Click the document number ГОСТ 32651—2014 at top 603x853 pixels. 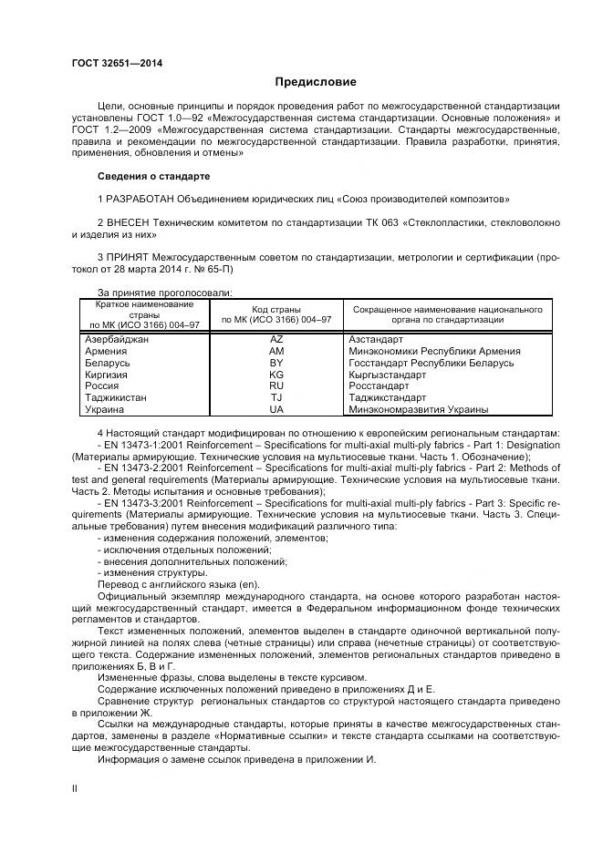point(110,63)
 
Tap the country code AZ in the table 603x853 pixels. point(277,339)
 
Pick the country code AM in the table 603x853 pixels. point(277,351)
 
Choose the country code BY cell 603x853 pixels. point(277,363)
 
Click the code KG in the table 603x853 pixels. point(277,375)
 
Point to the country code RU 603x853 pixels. point(277,386)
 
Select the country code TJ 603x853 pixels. point(277,398)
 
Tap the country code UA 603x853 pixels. point(277,410)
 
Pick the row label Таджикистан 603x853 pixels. point(116,398)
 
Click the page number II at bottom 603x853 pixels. point(75,786)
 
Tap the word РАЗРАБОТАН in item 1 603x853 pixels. point(141,199)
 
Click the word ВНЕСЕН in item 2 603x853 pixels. point(130,222)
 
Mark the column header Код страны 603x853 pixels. point(277,310)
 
